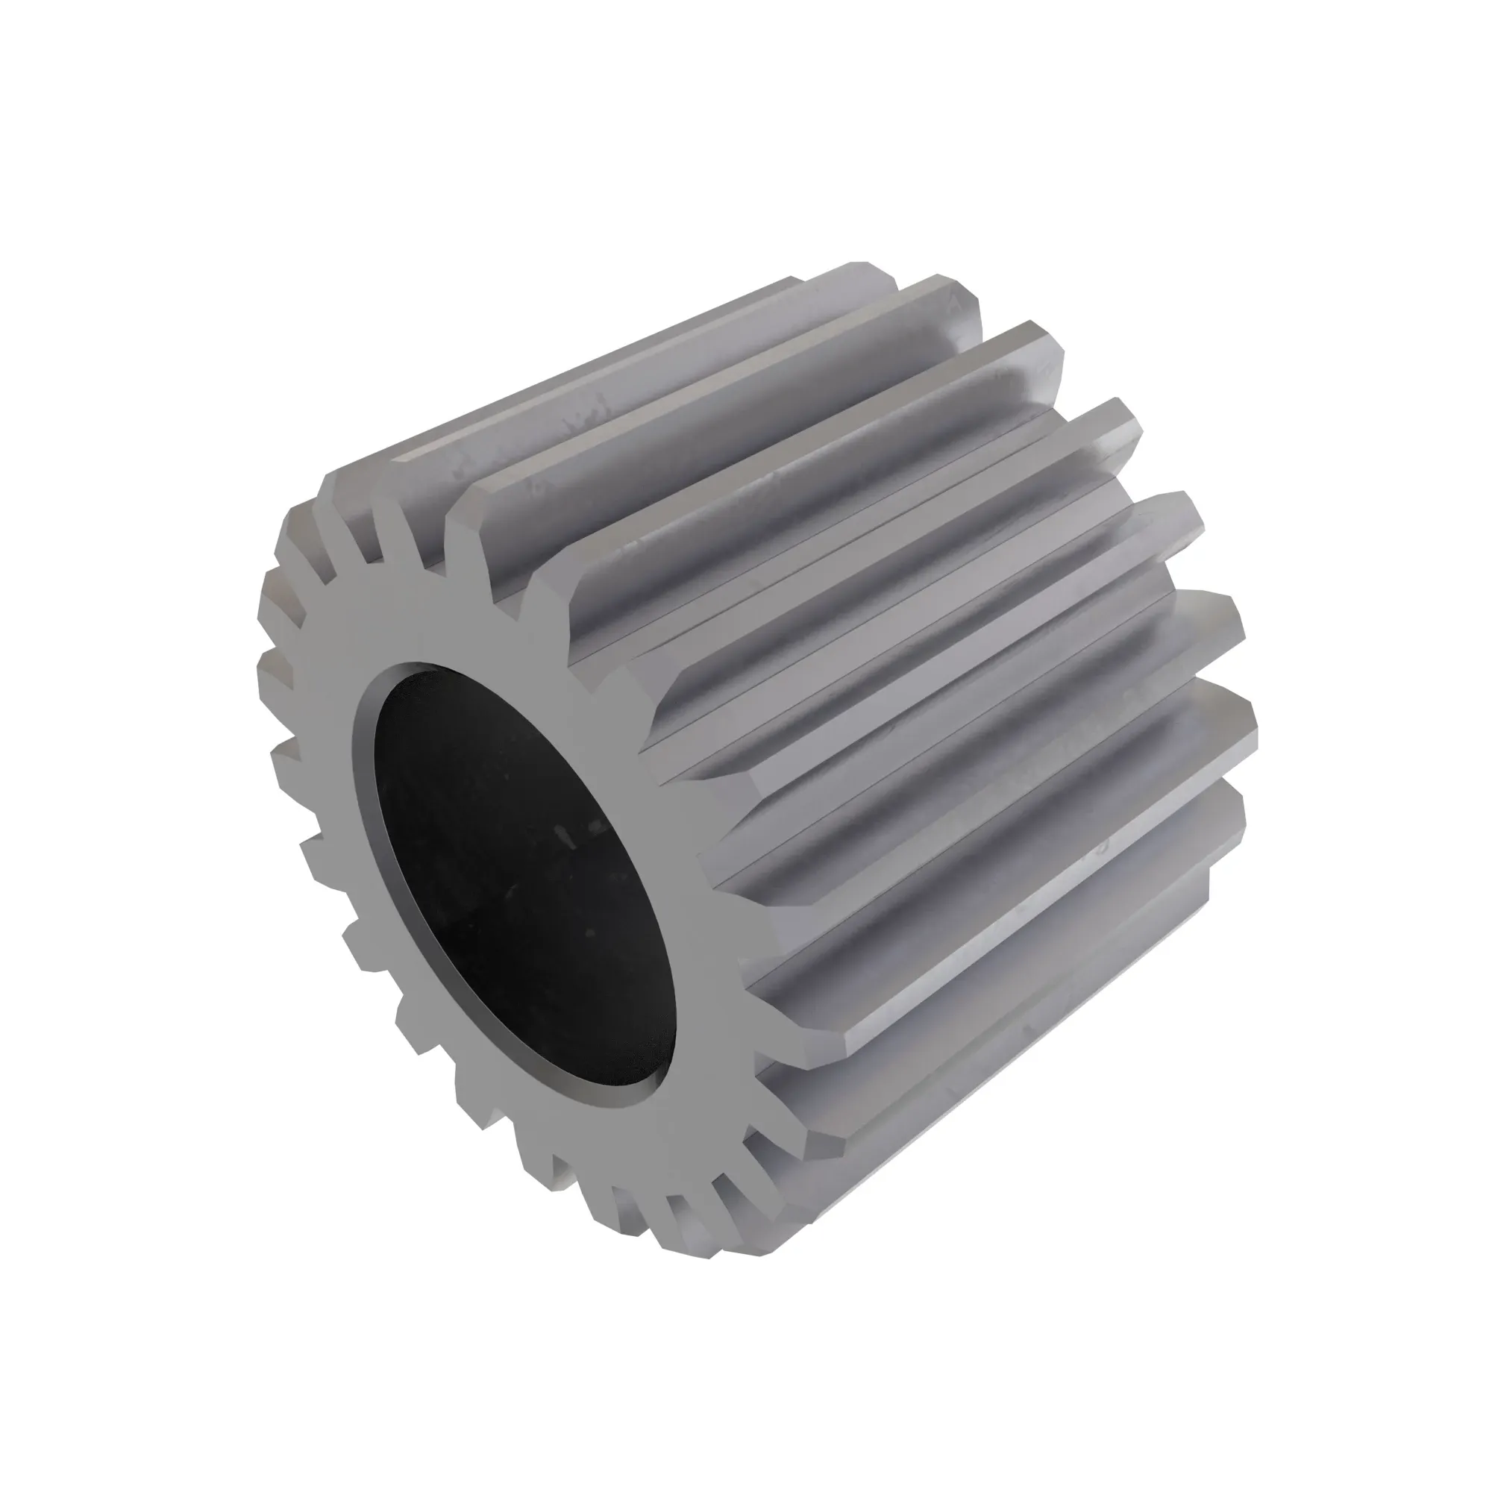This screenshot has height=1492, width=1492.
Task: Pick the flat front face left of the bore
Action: tap(325, 772)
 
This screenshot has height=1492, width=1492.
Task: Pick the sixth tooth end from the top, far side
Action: tap(1228, 618)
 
